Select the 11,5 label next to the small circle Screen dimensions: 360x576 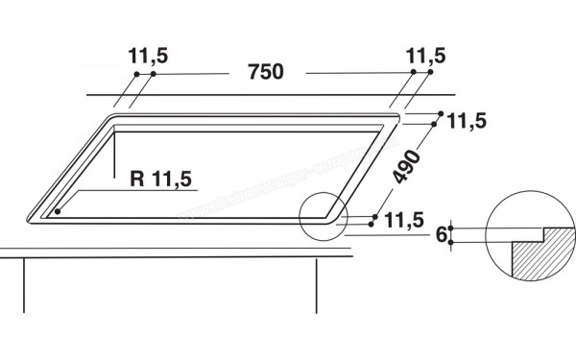coord(404,222)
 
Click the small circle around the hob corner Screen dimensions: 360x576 coord(323,215)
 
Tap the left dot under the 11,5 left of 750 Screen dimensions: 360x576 coord(136,74)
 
